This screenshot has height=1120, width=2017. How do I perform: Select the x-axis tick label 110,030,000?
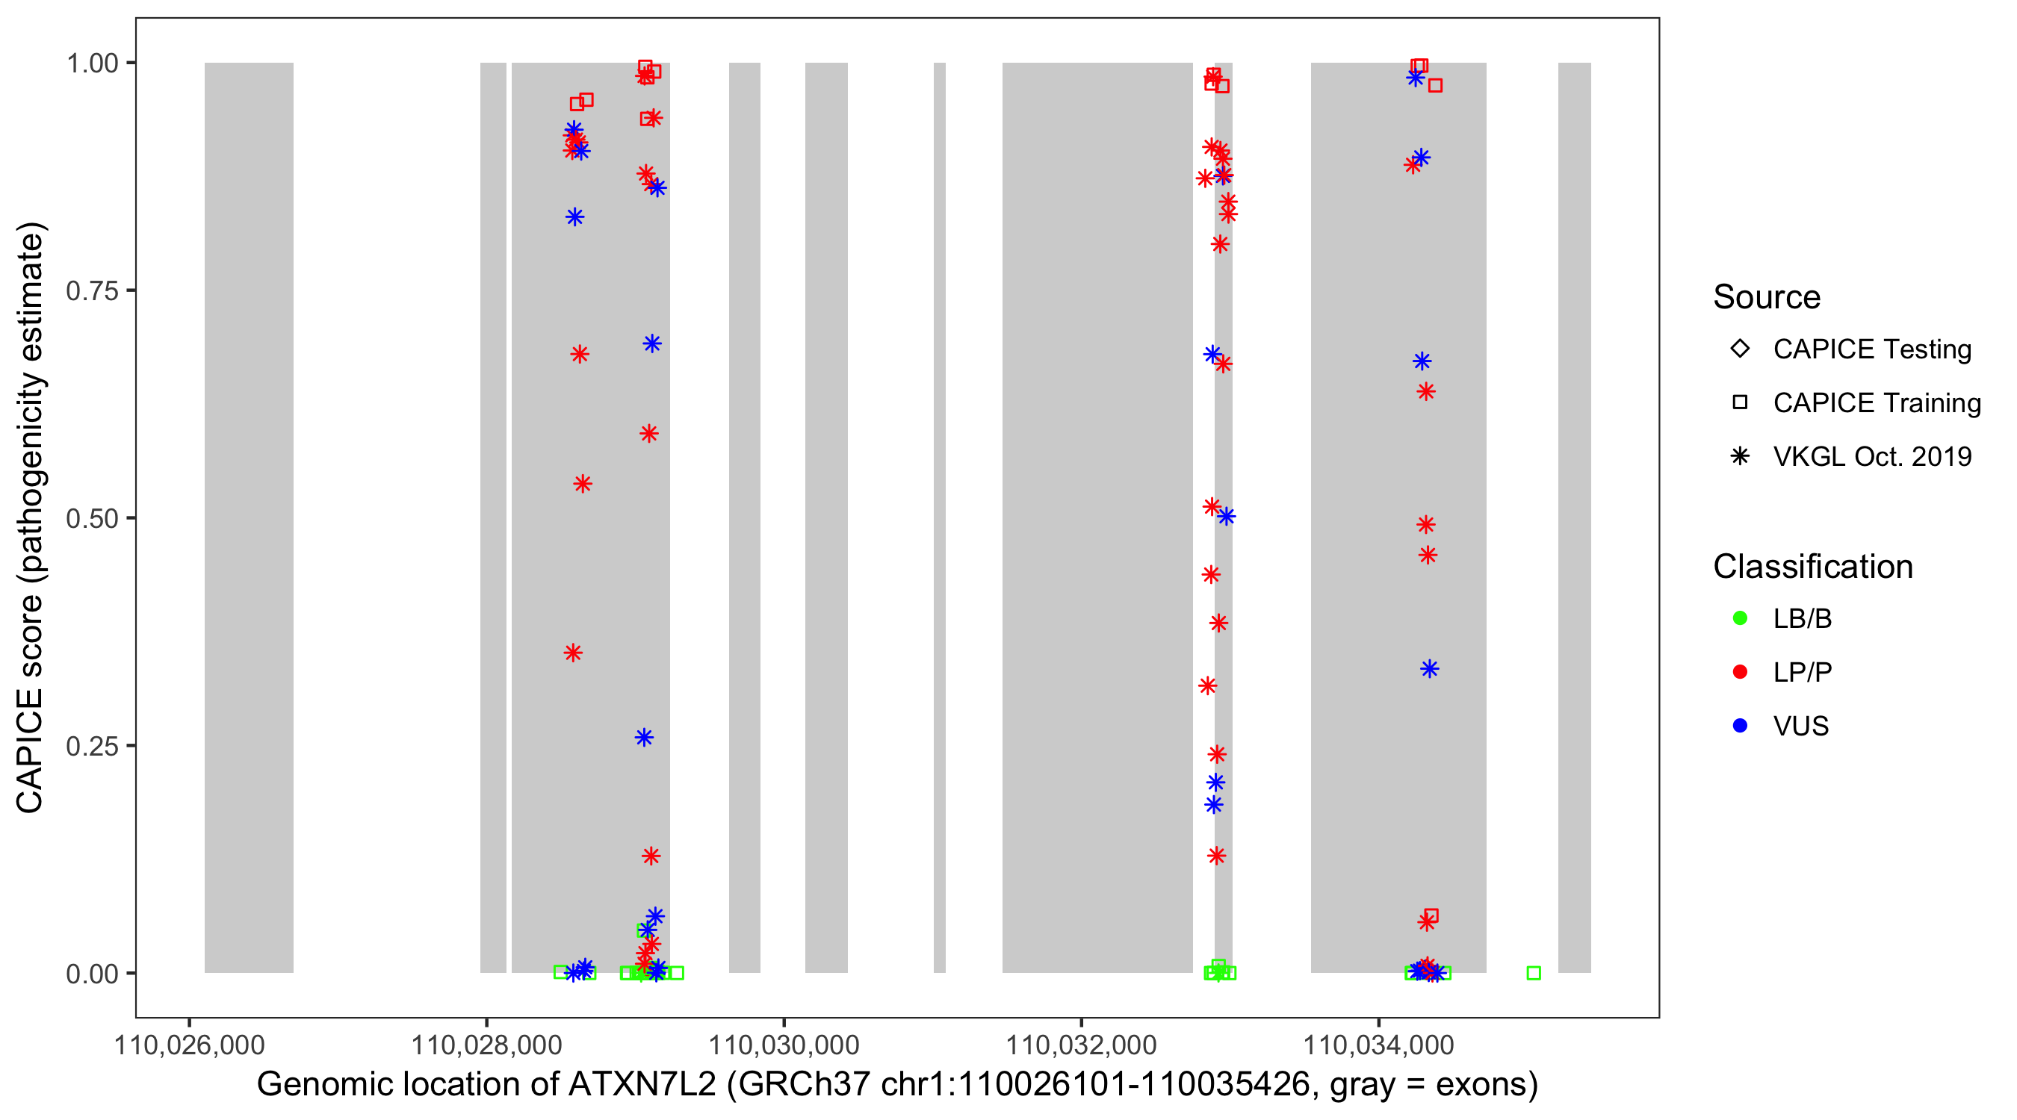tap(783, 1045)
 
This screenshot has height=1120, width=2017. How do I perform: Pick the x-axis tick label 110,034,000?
tap(1378, 1045)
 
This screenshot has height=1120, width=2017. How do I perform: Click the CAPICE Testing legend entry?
tap(1871, 349)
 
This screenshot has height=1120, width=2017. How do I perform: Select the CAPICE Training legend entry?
tap(1876, 403)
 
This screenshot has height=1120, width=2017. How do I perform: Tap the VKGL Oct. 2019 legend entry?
tap(1871, 457)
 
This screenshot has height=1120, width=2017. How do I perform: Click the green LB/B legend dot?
tap(1740, 618)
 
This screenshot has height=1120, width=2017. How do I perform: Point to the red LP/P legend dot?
tap(1740, 672)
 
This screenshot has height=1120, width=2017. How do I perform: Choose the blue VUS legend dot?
tap(1740, 727)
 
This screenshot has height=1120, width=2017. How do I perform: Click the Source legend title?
tap(1767, 297)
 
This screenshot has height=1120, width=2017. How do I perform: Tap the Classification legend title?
tap(1812, 567)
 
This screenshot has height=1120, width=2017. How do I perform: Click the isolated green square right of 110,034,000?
tap(1533, 973)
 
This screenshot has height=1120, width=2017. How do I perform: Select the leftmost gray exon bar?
tap(249, 517)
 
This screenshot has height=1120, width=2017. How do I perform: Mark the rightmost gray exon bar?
tap(1574, 517)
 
